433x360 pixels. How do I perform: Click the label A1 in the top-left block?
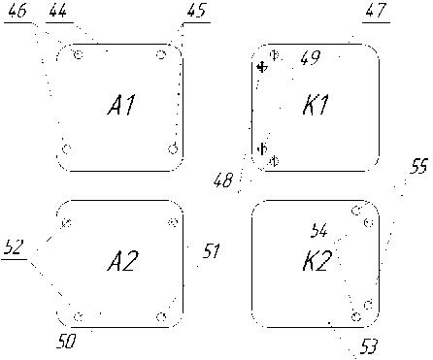(x=121, y=105)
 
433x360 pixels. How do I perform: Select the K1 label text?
(x=316, y=105)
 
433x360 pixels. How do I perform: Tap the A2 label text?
(x=123, y=261)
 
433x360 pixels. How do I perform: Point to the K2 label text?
(x=317, y=261)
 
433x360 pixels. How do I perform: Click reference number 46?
(x=17, y=12)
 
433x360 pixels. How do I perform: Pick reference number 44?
(x=58, y=12)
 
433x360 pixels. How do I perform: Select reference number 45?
(x=196, y=11)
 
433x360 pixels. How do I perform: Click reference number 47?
(x=376, y=11)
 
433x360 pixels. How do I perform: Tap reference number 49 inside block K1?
(x=311, y=58)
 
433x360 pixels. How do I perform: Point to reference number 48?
(x=223, y=180)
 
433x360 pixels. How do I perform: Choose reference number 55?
(x=418, y=166)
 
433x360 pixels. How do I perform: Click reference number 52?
(x=15, y=247)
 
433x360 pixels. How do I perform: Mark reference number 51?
(x=212, y=251)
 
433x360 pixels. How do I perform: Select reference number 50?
(x=66, y=341)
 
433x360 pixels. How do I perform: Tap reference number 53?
(x=368, y=346)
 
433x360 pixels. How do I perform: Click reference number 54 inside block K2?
(x=319, y=231)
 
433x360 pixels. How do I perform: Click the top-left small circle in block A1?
(x=79, y=54)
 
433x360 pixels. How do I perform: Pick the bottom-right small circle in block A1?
(x=174, y=149)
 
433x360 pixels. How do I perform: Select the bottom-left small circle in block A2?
(x=78, y=316)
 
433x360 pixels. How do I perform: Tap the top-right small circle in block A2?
(x=174, y=222)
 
